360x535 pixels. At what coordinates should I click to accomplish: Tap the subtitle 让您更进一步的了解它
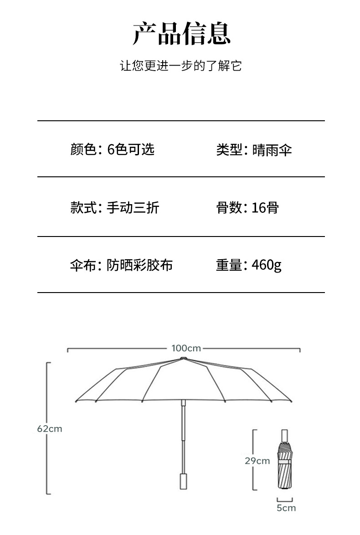[x=180, y=66]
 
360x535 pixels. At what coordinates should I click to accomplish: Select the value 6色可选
[x=131, y=149]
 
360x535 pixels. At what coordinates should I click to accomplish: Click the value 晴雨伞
[x=272, y=149]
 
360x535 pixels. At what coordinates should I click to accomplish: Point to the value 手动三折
[x=133, y=208]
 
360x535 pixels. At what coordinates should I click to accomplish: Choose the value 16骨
[x=265, y=208]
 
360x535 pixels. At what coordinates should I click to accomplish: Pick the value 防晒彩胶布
[x=140, y=265]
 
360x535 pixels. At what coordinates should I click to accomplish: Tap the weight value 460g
[x=267, y=265]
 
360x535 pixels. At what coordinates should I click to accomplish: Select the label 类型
[x=229, y=149]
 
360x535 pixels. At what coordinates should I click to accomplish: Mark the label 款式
[x=83, y=208]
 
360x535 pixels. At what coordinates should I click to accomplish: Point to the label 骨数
[x=229, y=208]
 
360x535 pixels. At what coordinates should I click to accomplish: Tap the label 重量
[x=229, y=265]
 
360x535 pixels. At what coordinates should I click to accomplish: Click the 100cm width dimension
[x=186, y=348]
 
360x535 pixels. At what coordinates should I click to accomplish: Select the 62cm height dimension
[x=49, y=429]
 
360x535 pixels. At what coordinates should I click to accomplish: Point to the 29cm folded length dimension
[x=257, y=461]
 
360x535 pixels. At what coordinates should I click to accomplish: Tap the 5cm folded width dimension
[x=286, y=508]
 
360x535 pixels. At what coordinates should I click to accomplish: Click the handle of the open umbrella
[x=184, y=481]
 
